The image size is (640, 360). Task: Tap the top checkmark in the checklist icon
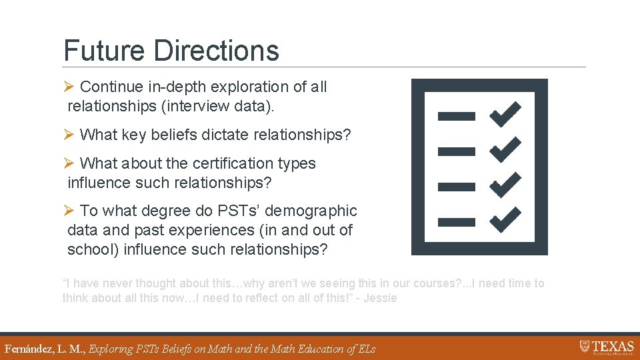tap(505, 114)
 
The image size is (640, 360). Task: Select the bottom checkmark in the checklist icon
tap(505, 219)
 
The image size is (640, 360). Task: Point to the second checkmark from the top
tap(505, 149)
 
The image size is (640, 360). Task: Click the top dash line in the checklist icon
tap(456, 116)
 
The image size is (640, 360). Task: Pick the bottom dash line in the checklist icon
tap(456, 221)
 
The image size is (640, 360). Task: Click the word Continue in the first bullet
tap(111, 87)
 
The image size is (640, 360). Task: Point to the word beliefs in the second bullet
tap(175, 135)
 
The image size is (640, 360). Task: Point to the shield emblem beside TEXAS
tap(585, 347)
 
